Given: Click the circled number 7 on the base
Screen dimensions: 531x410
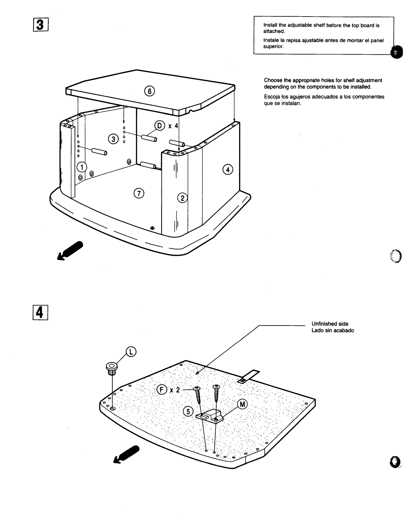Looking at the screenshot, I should coord(139,192).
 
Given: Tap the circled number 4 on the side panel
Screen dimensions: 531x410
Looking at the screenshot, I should coord(228,170).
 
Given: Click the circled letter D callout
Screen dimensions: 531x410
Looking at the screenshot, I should coord(160,126).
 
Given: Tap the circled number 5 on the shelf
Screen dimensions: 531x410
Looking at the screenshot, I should coord(188,411).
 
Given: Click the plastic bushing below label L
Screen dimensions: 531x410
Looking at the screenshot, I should coord(111,368).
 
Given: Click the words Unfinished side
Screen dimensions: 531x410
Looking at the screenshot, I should coord(330,324).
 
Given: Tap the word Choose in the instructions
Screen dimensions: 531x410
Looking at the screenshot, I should coord(272,80).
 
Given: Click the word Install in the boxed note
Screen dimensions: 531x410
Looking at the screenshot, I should coord(270,25).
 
